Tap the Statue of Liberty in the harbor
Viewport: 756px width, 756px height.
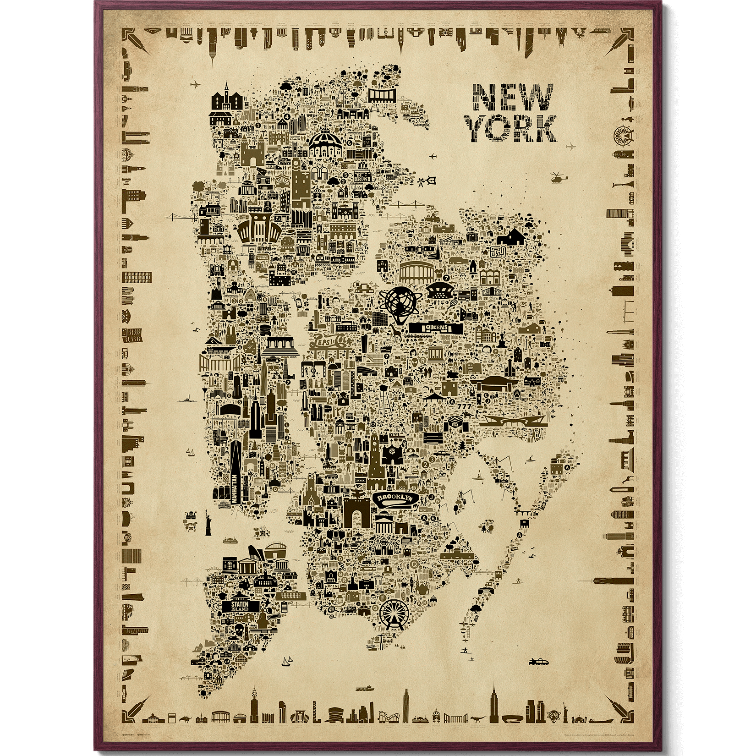pyautogui.click(x=207, y=522)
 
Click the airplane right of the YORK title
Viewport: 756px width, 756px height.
pyautogui.click(x=570, y=147)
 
